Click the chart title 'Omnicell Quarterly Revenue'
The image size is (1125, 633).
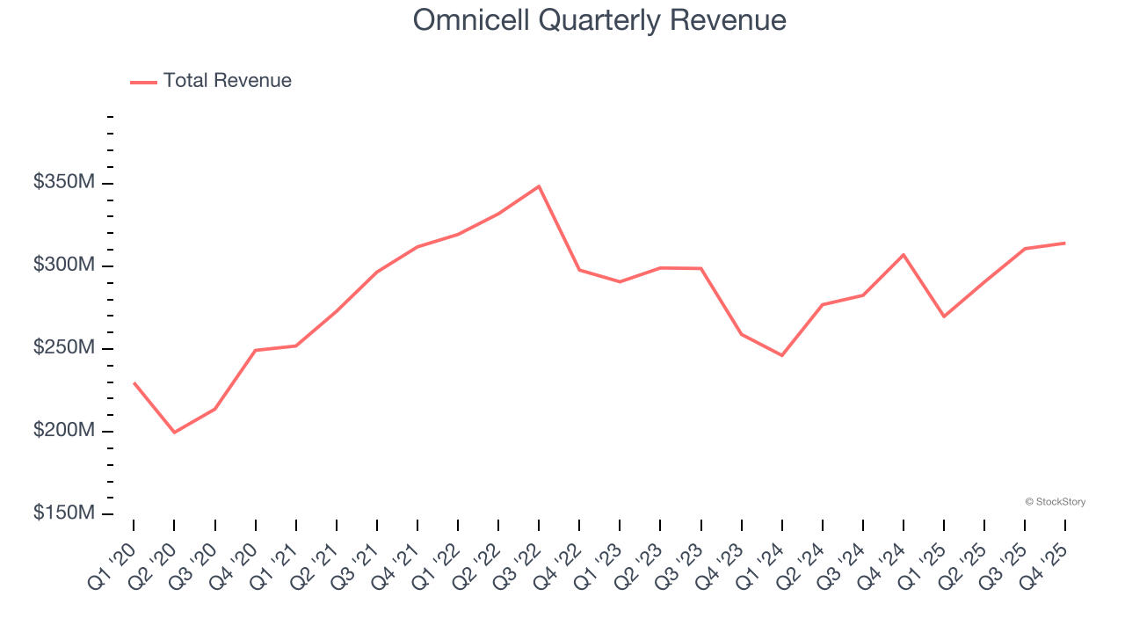coord(599,20)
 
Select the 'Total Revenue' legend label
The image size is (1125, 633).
coord(227,81)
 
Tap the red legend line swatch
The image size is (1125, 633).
coord(143,82)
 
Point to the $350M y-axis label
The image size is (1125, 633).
coord(64,183)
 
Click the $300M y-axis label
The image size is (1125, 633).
coord(64,266)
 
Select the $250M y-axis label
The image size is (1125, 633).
coord(64,348)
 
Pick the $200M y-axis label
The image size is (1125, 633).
coord(64,431)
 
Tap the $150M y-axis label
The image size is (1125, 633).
coord(64,513)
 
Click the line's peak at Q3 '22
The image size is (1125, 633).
coord(539,186)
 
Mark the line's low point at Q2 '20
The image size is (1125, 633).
coord(174,433)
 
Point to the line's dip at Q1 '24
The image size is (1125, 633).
coord(781,355)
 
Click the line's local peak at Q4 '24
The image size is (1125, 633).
coord(904,255)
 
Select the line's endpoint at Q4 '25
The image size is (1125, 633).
coord(1064,243)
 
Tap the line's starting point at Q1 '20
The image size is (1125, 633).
coord(134,382)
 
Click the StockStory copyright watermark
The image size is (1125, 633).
coord(1055,502)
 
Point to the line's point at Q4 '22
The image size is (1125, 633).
coord(579,270)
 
